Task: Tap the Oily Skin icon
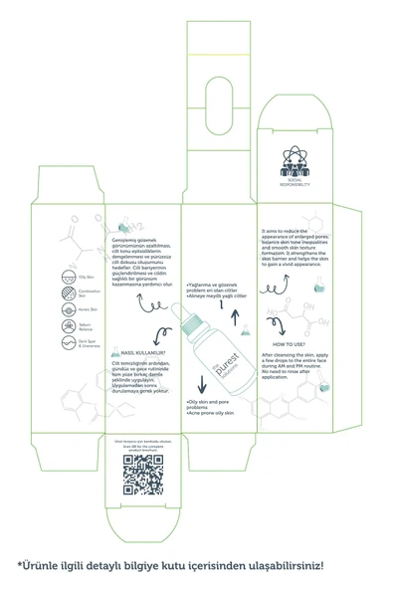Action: [57, 278]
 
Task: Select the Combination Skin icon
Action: [57, 294]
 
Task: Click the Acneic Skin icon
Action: [57, 310]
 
